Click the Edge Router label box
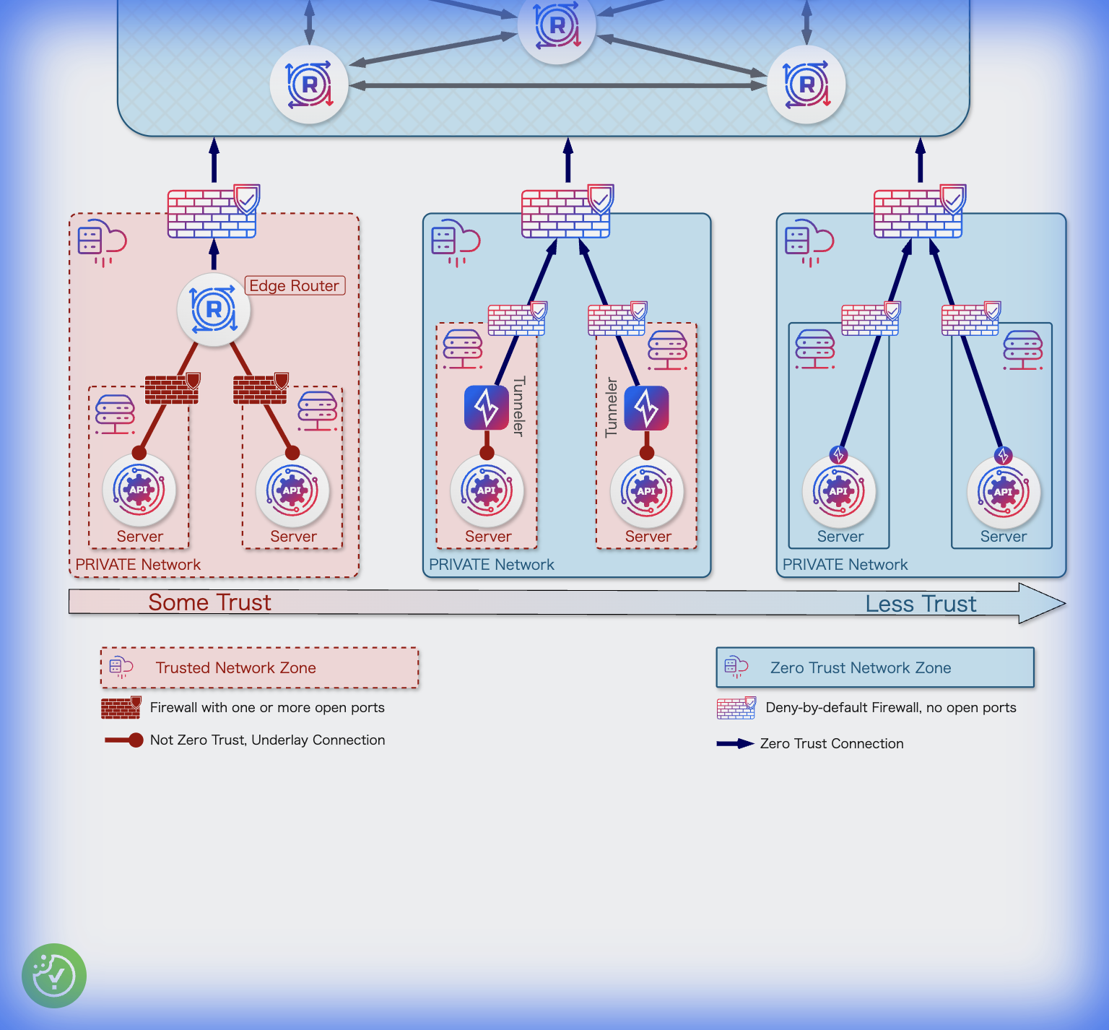pos(295,285)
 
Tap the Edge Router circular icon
pos(214,310)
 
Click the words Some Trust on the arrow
pos(209,602)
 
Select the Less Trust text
pos(921,604)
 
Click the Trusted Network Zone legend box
pos(259,667)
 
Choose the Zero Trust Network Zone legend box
pos(874,667)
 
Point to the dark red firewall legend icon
pos(121,708)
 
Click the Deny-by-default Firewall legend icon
pos(736,708)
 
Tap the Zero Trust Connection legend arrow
pos(734,743)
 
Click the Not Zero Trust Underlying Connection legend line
pos(123,740)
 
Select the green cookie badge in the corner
pos(54,975)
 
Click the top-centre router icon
pos(557,26)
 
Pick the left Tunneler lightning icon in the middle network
pos(487,408)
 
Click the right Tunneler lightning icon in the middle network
pos(646,408)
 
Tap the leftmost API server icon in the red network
pos(139,490)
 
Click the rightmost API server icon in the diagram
pos(1003,492)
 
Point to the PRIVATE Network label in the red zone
pos(138,564)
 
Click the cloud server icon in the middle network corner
pos(455,241)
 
